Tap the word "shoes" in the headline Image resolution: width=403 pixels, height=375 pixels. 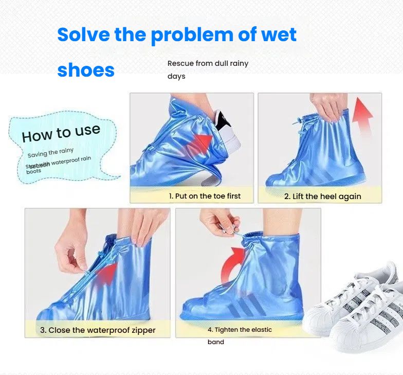[86, 70]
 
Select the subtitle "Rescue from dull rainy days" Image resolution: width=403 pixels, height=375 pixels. [208, 69]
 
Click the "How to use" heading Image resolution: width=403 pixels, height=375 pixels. [61, 133]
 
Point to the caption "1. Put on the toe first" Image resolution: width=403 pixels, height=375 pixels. [205, 196]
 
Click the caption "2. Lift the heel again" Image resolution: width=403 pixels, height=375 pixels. [322, 197]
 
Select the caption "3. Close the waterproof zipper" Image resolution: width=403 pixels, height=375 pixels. [98, 330]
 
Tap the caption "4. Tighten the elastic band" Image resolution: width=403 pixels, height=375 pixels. [240, 335]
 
